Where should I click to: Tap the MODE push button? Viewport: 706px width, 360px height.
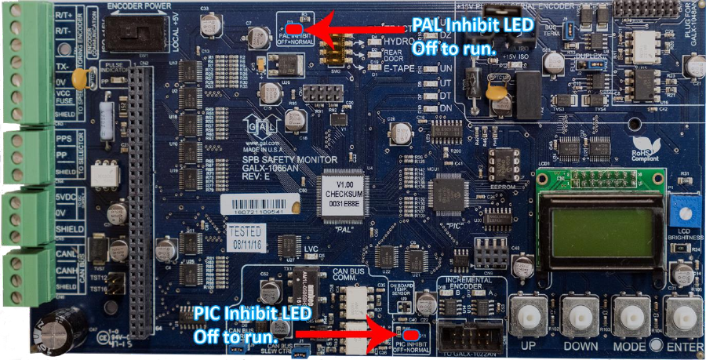pos(632,318)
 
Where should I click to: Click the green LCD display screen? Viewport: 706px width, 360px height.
pos(601,228)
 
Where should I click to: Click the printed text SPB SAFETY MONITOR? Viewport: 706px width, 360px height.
pos(260,158)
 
